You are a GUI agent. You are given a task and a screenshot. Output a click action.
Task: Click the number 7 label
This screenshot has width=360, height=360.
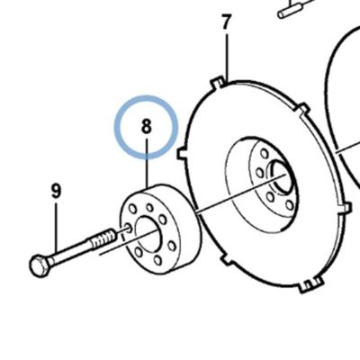227,22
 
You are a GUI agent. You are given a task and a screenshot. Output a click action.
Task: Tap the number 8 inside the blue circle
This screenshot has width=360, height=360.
146,126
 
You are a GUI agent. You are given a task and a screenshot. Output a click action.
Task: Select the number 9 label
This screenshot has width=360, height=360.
56,191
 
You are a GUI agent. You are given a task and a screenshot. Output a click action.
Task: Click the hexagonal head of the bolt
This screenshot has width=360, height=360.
39,265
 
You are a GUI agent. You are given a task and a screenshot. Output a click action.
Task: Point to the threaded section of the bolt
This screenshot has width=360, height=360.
103,237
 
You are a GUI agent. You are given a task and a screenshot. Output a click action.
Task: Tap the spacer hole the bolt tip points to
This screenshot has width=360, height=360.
128,228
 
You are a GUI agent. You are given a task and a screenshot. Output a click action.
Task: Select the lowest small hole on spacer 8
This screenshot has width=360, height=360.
157,260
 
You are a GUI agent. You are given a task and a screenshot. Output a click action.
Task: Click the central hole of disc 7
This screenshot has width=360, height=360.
282,177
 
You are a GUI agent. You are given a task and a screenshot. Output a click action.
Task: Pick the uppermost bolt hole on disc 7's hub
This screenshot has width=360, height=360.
265,154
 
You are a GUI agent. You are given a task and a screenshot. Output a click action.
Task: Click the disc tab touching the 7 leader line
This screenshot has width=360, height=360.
217,83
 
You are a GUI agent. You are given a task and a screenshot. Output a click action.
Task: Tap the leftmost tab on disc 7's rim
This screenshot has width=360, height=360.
182,153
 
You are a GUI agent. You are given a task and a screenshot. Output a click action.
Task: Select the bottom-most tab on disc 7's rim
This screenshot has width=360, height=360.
311,284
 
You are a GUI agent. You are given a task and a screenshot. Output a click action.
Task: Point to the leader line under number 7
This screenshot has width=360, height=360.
227,58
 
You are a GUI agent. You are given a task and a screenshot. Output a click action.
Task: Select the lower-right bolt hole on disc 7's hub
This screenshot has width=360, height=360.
290,205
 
